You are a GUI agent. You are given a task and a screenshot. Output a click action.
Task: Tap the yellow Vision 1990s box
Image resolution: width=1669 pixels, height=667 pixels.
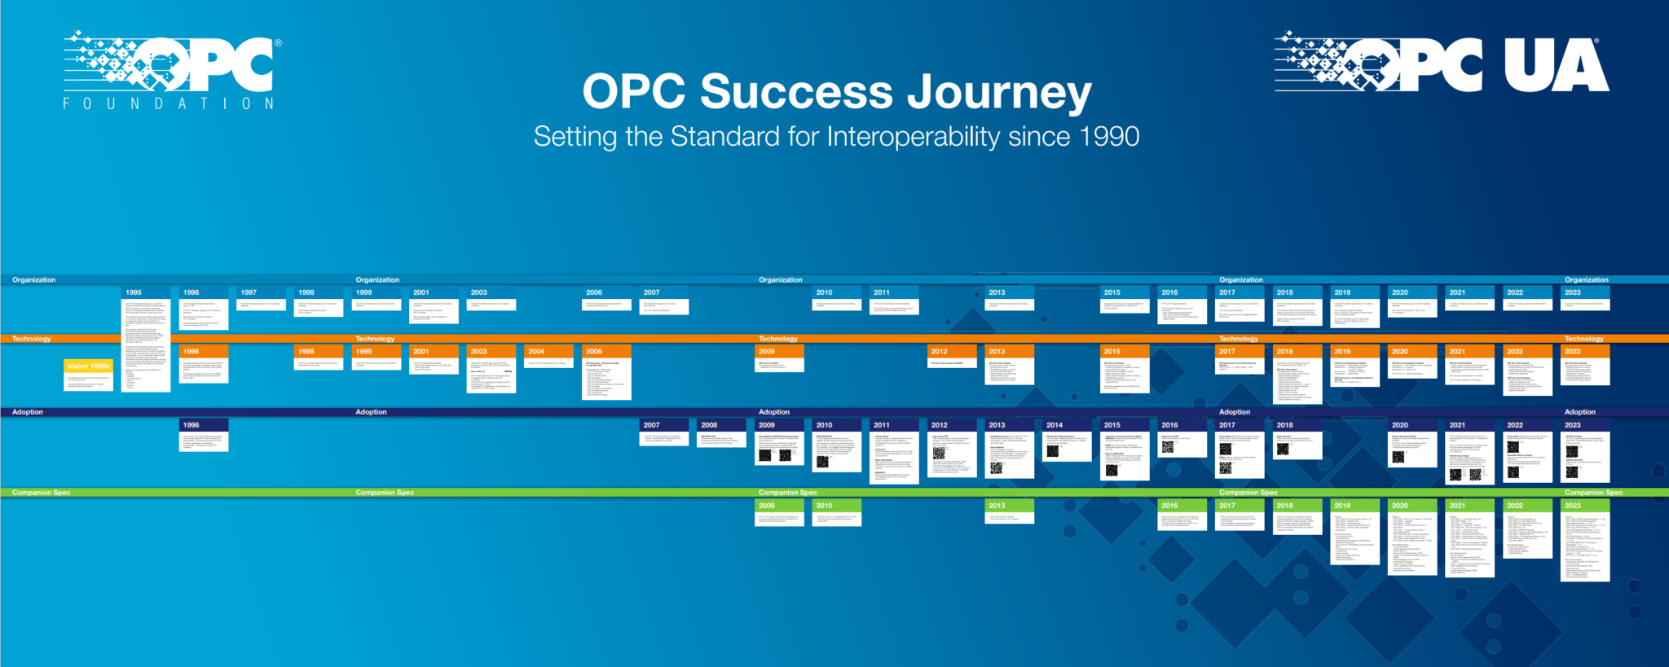[89, 366]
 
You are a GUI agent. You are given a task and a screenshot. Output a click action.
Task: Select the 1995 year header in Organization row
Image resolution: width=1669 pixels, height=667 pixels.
[146, 292]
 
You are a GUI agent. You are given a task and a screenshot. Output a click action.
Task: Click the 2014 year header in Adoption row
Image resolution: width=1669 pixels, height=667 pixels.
[1066, 425]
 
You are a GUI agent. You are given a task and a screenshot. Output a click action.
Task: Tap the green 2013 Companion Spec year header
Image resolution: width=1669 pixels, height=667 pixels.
[1009, 506]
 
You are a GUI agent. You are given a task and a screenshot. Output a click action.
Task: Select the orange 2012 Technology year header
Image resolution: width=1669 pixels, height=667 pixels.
[951, 352]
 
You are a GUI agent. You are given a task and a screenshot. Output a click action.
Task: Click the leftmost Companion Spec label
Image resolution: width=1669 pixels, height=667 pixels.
[41, 493]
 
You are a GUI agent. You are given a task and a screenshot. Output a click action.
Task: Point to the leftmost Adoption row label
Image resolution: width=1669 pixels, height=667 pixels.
[28, 412]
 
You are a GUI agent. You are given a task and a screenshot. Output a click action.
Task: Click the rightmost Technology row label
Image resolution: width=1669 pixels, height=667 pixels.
[1583, 339]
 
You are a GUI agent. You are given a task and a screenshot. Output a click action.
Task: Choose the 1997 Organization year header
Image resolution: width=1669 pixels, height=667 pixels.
[261, 292]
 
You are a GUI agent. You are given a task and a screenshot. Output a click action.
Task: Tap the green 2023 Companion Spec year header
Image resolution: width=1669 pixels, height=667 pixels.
[1584, 506]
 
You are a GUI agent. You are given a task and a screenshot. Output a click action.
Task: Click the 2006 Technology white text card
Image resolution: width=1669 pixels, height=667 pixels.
[606, 379]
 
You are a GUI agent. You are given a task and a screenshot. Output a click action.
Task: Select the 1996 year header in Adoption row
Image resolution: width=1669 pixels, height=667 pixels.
[203, 425]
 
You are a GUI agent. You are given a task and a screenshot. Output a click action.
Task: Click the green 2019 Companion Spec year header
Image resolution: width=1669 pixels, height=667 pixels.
[1354, 506]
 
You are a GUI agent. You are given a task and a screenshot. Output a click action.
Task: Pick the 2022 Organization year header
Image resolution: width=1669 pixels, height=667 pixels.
[1526, 292]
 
